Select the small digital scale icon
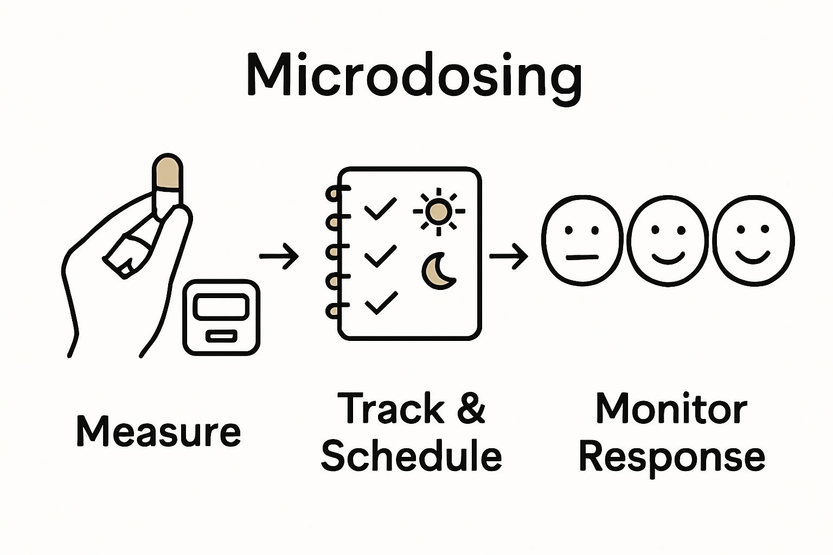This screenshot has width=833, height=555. pyautogui.click(x=221, y=317)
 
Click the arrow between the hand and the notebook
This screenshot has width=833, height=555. pyautogui.click(x=279, y=256)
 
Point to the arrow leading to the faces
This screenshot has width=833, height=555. pyautogui.click(x=509, y=256)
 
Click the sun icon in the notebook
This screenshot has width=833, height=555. pyautogui.click(x=439, y=211)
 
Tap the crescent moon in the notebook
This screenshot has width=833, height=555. pyautogui.click(x=437, y=270)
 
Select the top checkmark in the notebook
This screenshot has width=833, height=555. pyautogui.click(x=380, y=208)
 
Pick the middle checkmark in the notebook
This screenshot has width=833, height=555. pyautogui.click(x=380, y=255)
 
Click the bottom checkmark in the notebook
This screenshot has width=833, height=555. pyautogui.click(x=381, y=302)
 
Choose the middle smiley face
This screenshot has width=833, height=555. pyautogui.click(x=668, y=240)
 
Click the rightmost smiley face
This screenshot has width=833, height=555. pyautogui.click(x=753, y=240)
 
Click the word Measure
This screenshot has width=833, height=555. pyautogui.click(x=158, y=431)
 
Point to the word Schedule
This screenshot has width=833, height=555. pyautogui.click(x=411, y=456)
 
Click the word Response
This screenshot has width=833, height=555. pyautogui.click(x=672, y=457)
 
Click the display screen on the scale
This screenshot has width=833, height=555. pyautogui.click(x=221, y=307)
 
